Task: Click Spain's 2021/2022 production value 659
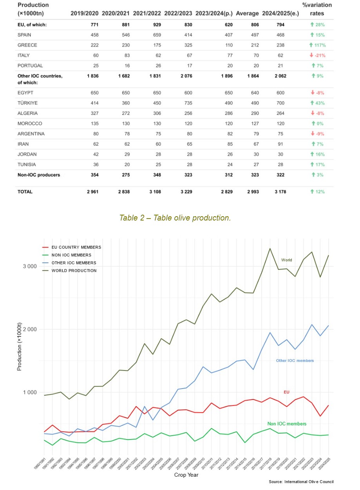[x=157, y=35]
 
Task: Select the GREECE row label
[x=27, y=45]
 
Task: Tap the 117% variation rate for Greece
[x=318, y=45]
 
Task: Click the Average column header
[x=247, y=13]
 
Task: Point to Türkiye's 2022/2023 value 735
[x=188, y=103]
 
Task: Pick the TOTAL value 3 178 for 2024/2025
[x=280, y=192]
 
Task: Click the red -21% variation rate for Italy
[x=318, y=55]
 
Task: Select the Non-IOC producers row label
[x=39, y=175]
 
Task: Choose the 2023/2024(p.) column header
[x=214, y=13]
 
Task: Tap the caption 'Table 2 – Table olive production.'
[x=175, y=218]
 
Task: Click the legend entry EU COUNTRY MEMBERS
[x=76, y=247]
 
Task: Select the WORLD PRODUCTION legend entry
[x=74, y=271]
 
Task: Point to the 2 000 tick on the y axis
[x=30, y=329]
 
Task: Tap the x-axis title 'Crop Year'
[x=186, y=475]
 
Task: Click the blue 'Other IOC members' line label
[x=295, y=360]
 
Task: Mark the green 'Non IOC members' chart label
[x=287, y=424]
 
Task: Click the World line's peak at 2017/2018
[x=270, y=248]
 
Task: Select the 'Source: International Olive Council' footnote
[x=301, y=481]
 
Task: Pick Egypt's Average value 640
[x=255, y=93]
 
